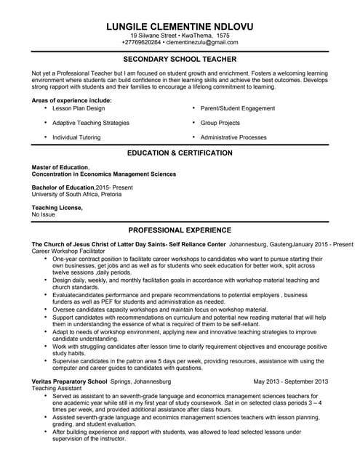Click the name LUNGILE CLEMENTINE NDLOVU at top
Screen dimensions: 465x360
pyautogui.click(x=180, y=25)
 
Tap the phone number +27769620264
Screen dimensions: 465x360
pyautogui.click(x=140, y=43)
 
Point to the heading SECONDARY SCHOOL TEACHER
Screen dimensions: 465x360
pyautogui.click(x=180, y=60)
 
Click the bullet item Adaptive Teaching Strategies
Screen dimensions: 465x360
pyautogui.click(x=91, y=123)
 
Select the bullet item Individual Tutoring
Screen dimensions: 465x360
pyautogui.click(x=76, y=137)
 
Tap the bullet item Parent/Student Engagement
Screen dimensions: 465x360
pyautogui.click(x=237, y=108)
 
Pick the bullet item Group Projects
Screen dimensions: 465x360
pyautogui.click(x=220, y=123)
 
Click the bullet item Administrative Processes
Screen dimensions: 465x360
pyautogui.click(x=233, y=137)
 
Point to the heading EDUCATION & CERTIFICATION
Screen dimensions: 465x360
pyautogui.click(x=180, y=153)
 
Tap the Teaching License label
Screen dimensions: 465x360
pyautogui.click(x=57, y=208)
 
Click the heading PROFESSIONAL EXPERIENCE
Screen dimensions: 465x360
pyautogui.click(x=180, y=230)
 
